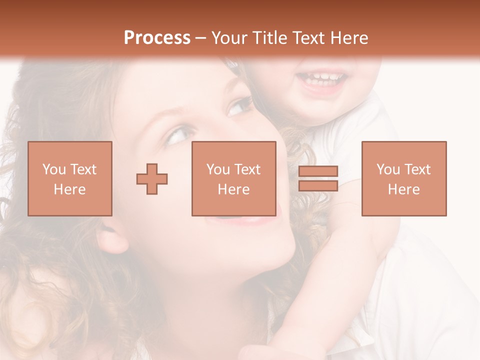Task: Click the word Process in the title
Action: click(x=157, y=38)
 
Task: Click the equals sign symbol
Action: click(x=318, y=178)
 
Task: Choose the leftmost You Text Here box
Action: click(x=70, y=178)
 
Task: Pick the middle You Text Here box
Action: click(x=233, y=178)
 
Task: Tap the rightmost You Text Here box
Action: click(x=404, y=178)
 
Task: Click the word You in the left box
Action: click(x=54, y=169)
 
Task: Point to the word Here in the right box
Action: click(x=404, y=189)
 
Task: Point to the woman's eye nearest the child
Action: click(x=239, y=106)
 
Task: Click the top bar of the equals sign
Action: click(x=318, y=171)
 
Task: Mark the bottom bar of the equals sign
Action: click(x=318, y=185)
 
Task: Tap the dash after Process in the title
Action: click(x=201, y=38)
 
